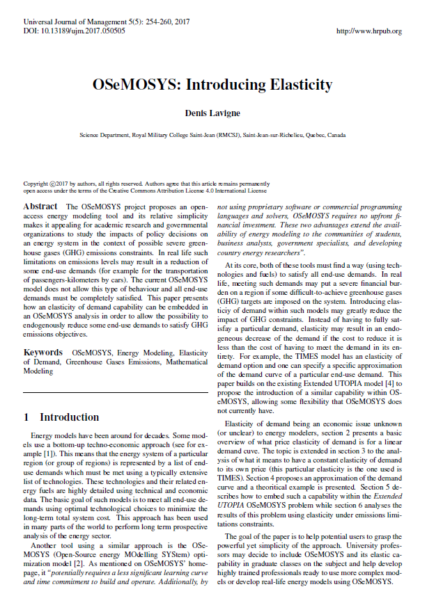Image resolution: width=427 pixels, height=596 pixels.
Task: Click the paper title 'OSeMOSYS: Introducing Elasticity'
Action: [x=213, y=85]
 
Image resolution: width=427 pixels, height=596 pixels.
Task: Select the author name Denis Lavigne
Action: [x=213, y=113]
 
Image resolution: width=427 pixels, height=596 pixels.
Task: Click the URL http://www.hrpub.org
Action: [x=368, y=32]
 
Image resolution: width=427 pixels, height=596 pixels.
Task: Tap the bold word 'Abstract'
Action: [x=40, y=207]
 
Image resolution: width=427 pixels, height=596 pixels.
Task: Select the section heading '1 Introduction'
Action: [x=61, y=417]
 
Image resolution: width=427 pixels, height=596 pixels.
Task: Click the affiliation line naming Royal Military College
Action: [x=212, y=134]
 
